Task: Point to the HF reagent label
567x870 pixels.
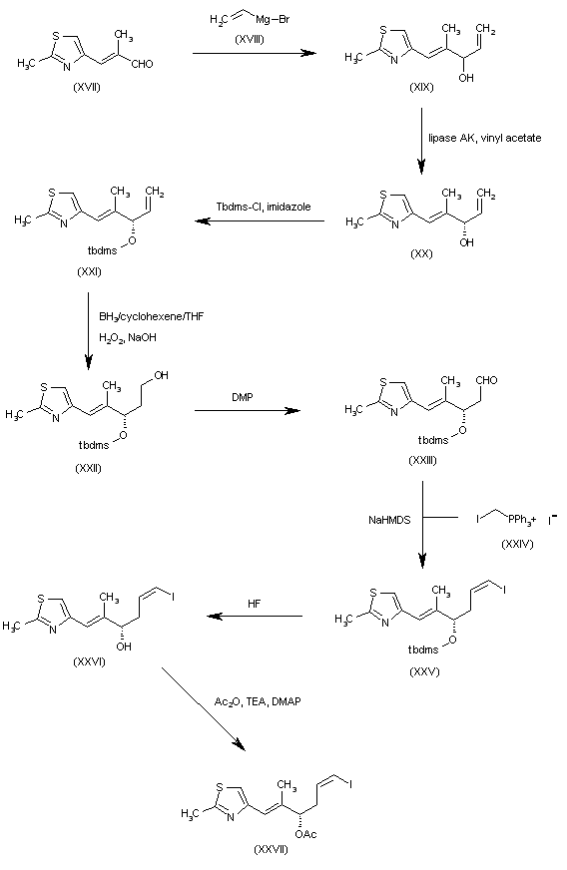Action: tap(253, 601)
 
